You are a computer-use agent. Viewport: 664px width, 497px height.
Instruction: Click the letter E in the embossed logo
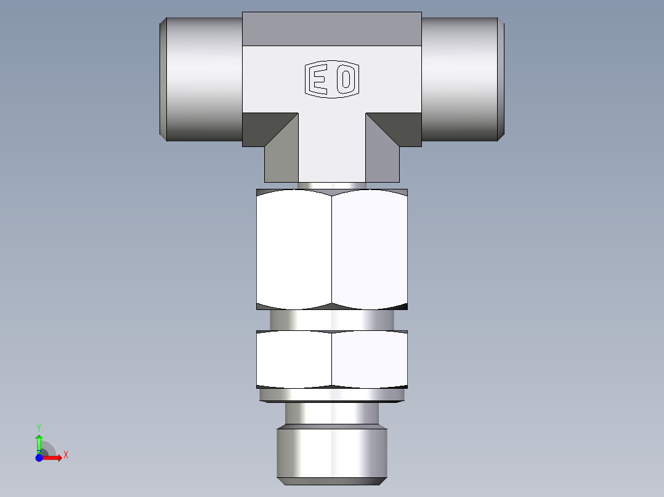tap(318, 80)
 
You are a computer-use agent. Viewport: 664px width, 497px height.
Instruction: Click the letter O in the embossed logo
tap(346, 80)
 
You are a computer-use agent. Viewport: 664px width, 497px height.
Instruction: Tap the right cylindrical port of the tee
tap(462, 79)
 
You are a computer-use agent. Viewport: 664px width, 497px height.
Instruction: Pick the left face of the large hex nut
tap(294, 249)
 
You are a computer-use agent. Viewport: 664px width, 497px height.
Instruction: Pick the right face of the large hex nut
tap(370, 249)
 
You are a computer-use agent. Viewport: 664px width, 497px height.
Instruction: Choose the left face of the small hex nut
tap(294, 359)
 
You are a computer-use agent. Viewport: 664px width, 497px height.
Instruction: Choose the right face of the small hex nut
tap(370, 359)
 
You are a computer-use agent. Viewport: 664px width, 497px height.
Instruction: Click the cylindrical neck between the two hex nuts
tap(332, 320)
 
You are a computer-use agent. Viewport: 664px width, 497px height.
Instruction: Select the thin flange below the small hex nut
tap(332, 395)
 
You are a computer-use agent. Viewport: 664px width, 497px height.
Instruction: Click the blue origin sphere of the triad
tap(39, 458)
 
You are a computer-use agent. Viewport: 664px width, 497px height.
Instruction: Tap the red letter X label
tap(65, 455)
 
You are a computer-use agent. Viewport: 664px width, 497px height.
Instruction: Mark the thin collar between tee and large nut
tap(332, 185)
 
